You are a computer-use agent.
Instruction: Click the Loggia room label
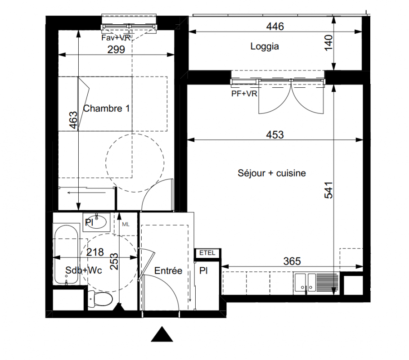pyautogui.click(x=265, y=46)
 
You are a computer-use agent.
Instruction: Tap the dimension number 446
pyautogui.click(x=275, y=27)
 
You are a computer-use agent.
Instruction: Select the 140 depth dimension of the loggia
pyautogui.click(x=329, y=43)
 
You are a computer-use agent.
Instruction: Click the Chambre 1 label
pyautogui.click(x=107, y=108)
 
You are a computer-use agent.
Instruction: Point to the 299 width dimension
pyautogui.click(x=116, y=49)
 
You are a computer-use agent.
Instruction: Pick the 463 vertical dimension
pyautogui.click(x=74, y=120)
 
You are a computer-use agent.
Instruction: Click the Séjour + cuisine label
pyautogui.click(x=271, y=173)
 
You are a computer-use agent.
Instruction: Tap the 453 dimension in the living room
pyautogui.click(x=275, y=135)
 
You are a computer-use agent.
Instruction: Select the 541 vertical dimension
pyautogui.click(x=328, y=190)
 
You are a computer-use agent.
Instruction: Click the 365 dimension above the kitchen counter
pyautogui.click(x=292, y=261)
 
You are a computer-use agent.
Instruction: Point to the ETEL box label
pyautogui.click(x=207, y=253)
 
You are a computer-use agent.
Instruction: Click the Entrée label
pyautogui.click(x=168, y=270)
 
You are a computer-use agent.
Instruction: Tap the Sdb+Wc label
pyautogui.click(x=84, y=270)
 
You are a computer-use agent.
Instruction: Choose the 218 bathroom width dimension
pyautogui.click(x=95, y=252)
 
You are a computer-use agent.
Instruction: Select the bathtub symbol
pyautogui.click(x=66, y=254)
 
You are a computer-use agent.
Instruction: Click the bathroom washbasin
pyautogui.click(x=96, y=222)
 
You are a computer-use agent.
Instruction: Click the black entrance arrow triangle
pyautogui.click(x=162, y=334)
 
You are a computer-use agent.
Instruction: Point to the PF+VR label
pyautogui.click(x=244, y=94)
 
